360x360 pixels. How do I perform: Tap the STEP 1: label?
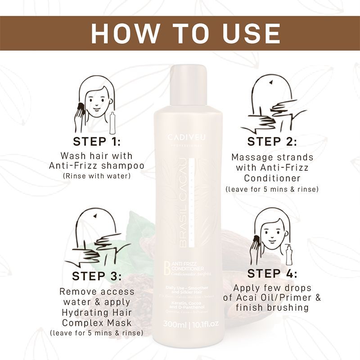(97, 141)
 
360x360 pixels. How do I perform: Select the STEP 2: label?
(272, 141)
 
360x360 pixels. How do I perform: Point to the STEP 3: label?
(97, 275)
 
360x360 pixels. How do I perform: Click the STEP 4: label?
(272, 273)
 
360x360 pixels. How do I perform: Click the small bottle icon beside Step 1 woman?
(112, 120)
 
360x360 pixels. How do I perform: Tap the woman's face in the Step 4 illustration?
(271, 237)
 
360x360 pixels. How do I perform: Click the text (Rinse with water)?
(97, 175)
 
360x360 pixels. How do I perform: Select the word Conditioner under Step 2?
(272, 179)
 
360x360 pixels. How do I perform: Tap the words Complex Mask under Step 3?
(97, 323)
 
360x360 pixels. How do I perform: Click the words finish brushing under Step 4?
(272, 308)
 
